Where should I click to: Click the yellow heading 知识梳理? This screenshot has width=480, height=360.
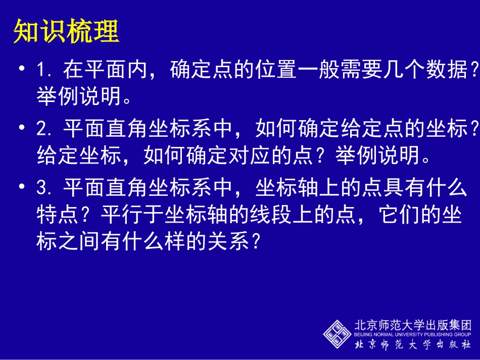pyautogui.click(x=66, y=32)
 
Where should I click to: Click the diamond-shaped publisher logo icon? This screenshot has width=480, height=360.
pyautogui.click(x=338, y=333)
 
